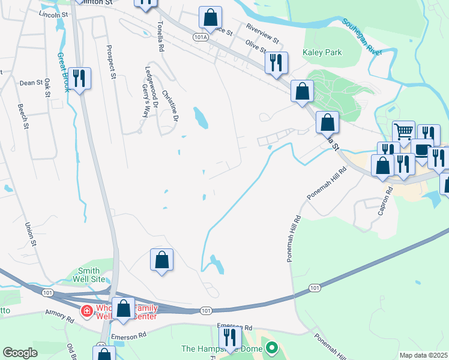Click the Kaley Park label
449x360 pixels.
322,53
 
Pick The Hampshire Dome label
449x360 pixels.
223,349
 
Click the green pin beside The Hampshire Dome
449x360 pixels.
272,348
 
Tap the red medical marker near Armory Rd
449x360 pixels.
86,311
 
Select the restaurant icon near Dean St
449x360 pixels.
79,77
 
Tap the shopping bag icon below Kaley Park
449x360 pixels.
303,91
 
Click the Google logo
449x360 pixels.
20,353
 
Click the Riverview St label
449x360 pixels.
264,34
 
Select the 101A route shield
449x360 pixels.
200,37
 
